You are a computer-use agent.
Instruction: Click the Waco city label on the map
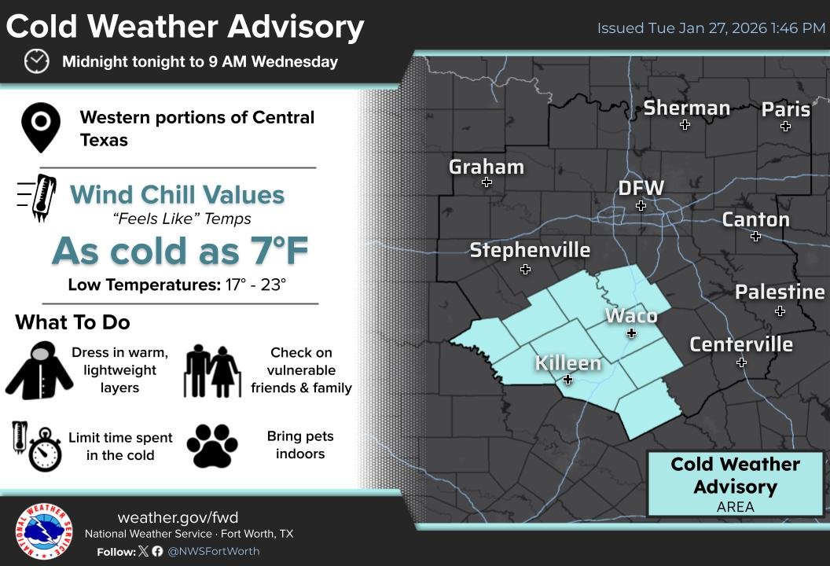630,316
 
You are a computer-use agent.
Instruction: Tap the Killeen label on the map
567,363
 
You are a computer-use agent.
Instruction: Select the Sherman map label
686,108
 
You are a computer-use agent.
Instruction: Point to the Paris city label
785,109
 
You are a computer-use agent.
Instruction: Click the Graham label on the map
486,167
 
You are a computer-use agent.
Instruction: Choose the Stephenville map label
529,250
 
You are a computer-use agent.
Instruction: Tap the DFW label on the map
641,189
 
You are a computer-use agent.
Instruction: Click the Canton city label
755,219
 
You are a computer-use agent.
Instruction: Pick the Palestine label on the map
779,292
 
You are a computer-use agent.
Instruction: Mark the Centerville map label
740,344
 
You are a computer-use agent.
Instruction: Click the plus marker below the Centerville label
741,362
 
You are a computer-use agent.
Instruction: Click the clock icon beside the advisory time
36,61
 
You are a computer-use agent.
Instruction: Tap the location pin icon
41,128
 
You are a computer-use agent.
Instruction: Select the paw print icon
212,446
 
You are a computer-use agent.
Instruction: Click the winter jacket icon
39,370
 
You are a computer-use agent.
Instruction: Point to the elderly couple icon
213,370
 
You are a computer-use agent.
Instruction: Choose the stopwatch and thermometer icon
37,446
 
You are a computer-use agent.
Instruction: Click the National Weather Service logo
43,531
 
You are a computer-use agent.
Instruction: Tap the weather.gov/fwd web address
177,517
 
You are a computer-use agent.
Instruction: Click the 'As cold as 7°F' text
180,251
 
